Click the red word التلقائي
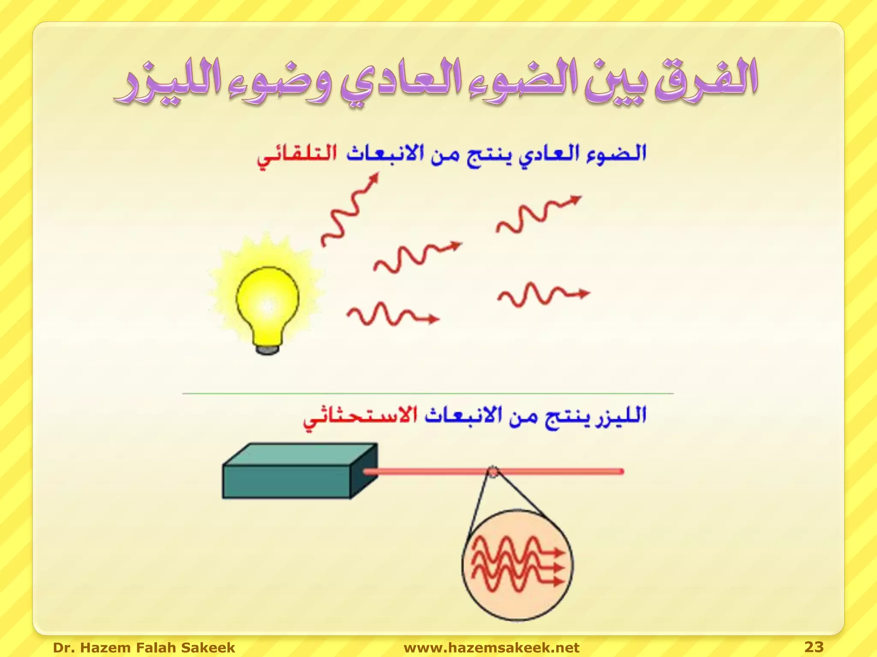297,156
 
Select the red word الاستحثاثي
360,417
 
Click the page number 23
814,646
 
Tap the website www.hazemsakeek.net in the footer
491,647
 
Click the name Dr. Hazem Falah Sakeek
144,647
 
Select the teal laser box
286,482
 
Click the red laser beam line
557,471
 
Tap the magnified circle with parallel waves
517,565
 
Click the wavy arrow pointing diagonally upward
349,210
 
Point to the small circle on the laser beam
492,471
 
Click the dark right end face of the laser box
364,471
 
